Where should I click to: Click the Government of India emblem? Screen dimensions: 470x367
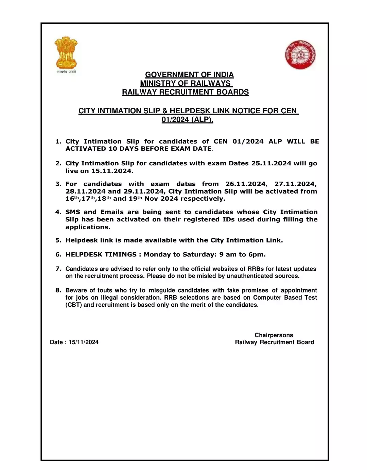click(x=66, y=54)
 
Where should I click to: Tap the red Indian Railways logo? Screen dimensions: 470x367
click(x=301, y=55)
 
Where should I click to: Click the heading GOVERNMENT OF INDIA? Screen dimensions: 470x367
click(x=189, y=75)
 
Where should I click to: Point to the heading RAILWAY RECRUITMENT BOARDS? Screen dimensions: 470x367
click(x=185, y=92)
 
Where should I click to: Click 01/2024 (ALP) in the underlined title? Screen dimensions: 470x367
click(x=187, y=120)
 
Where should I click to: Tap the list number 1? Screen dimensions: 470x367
click(x=58, y=141)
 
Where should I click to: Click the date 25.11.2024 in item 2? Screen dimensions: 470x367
click(x=271, y=163)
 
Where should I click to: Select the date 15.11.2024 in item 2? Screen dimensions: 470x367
click(x=112, y=171)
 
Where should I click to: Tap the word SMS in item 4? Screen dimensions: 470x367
click(x=73, y=212)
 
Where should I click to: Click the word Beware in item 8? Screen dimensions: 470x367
click(x=76, y=290)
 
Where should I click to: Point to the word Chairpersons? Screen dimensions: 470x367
click(x=274, y=335)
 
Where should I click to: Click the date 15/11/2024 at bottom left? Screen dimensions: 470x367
click(x=83, y=342)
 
